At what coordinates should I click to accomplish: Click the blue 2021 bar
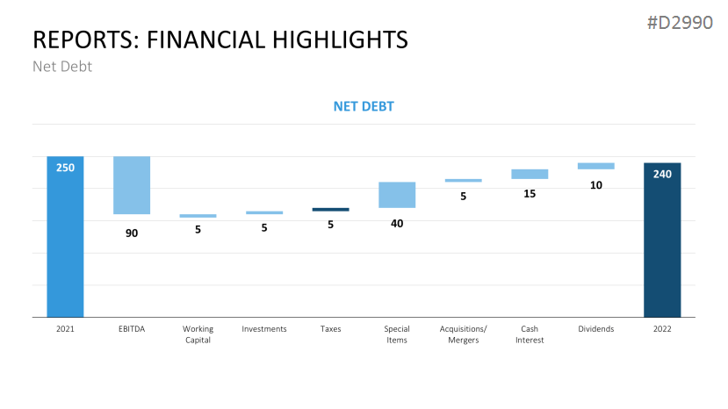tap(65, 237)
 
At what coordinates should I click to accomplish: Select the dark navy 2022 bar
tap(662, 240)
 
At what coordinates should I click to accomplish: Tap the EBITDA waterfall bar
tap(132, 185)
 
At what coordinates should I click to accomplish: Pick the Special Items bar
tap(397, 195)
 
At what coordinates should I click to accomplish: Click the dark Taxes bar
tap(330, 210)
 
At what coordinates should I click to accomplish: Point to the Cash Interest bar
tap(530, 174)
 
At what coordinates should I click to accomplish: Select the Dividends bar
tap(596, 166)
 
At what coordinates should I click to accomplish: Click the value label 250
tap(65, 168)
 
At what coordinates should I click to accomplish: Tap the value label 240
tap(662, 174)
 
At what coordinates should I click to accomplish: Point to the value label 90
tap(132, 233)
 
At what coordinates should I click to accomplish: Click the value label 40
tap(397, 224)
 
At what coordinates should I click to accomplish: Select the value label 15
tap(530, 194)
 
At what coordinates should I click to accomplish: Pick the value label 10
tap(596, 185)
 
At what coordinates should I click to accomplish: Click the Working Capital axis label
tap(198, 334)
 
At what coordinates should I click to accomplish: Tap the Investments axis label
tap(264, 328)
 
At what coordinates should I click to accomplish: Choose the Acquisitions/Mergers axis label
tap(464, 334)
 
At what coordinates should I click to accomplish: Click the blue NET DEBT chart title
tap(364, 106)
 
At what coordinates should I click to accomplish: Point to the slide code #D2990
tap(680, 22)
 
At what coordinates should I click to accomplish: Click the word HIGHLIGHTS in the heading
tap(340, 39)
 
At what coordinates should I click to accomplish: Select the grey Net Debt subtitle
tap(62, 67)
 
